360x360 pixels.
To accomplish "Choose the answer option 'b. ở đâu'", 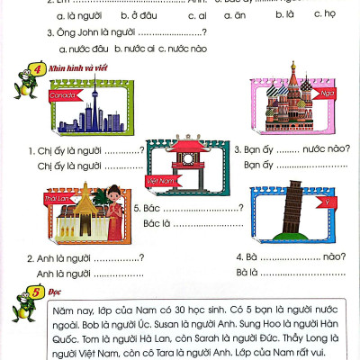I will tap(119, 15).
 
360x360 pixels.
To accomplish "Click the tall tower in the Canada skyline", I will tap(99, 105).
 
